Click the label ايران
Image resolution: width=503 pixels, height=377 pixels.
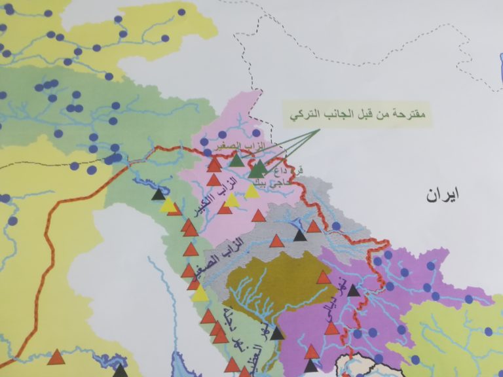click(x=443, y=194)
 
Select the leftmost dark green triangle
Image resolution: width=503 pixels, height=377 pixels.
click(x=236, y=160)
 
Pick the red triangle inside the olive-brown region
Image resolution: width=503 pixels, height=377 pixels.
click(x=324, y=278)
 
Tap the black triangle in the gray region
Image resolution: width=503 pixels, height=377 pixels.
click(x=300, y=236)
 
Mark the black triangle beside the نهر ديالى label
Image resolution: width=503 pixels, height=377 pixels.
click(x=354, y=290)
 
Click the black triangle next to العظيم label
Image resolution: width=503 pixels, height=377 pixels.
click(x=277, y=334)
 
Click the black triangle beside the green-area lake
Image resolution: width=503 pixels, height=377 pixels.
click(x=158, y=194)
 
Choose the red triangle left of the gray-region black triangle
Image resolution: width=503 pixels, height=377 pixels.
click(x=277, y=240)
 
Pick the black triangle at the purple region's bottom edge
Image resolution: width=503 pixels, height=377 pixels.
click(x=311, y=366)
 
